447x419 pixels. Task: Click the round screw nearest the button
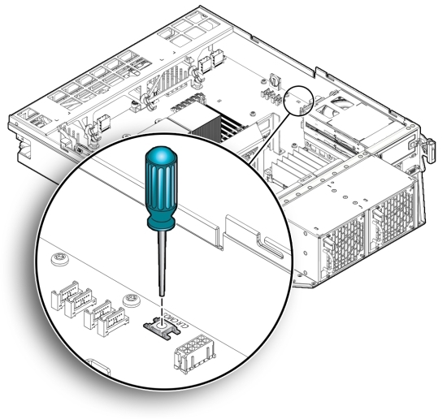(x=128, y=301)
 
